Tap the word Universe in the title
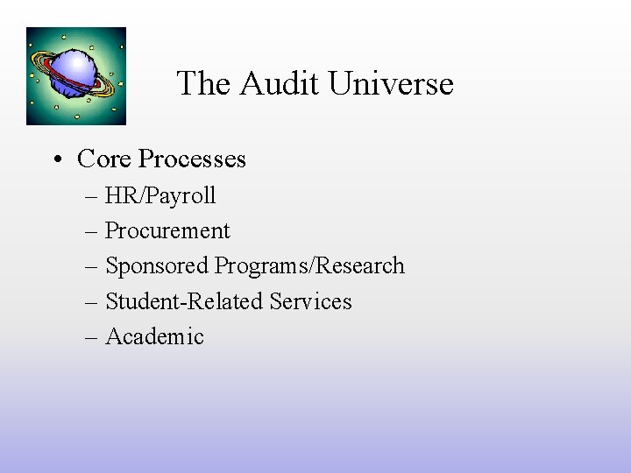[390, 84]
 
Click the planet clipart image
[76, 76]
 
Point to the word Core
[104, 159]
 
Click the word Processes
[192, 159]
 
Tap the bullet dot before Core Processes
[57, 159]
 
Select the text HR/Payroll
[160, 196]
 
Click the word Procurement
[167, 231]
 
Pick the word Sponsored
[157, 266]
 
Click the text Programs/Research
[310, 266]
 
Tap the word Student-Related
[184, 301]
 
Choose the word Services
[311, 301]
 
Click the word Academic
[154, 336]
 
